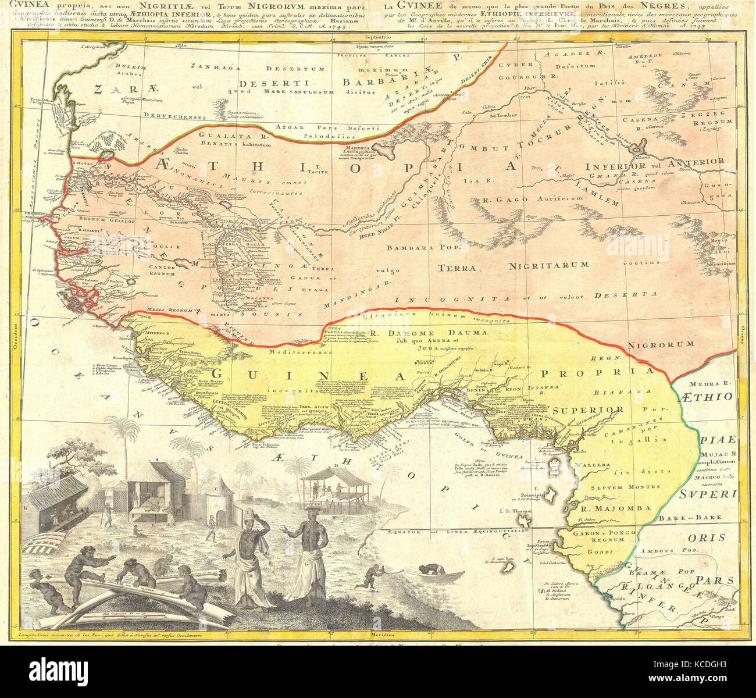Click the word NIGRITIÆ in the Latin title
click(x=159, y=6)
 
